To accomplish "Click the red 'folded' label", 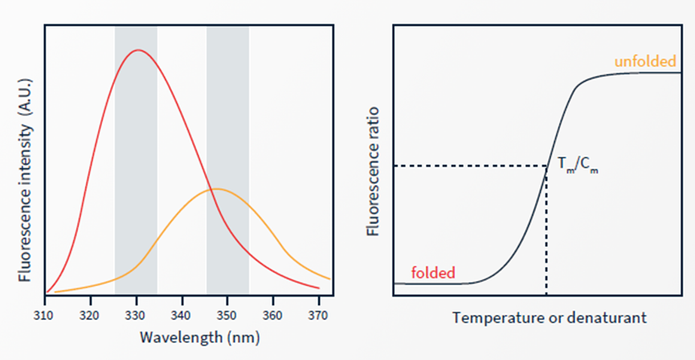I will pyautogui.click(x=433, y=271).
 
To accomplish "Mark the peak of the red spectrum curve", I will pyautogui.click(x=138, y=50).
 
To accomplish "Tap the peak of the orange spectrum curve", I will pyautogui.click(x=216, y=189).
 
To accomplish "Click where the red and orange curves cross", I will pyautogui.click(x=211, y=190).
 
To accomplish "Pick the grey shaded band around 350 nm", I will pyautogui.click(x=227, y=104).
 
